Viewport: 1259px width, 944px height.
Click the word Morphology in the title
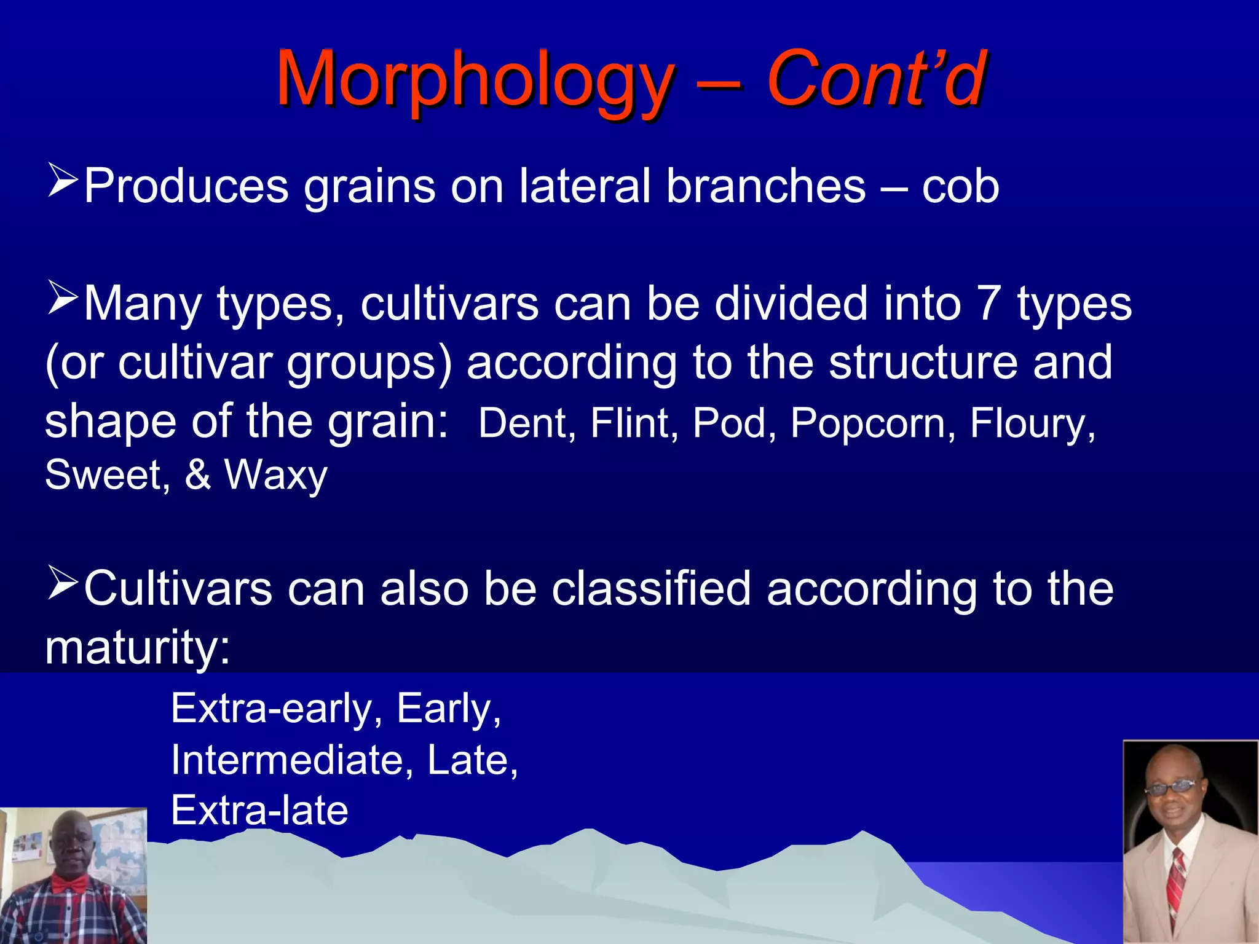(475, 80)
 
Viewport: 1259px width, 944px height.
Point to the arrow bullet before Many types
(63, 298)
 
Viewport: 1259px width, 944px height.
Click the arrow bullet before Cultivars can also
(63, 584)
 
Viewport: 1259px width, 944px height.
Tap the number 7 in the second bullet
(988, 304)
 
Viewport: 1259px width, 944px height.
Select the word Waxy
(275, 475)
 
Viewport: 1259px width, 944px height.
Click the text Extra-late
(259, 811)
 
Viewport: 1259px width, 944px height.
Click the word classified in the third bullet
(650, 589)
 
